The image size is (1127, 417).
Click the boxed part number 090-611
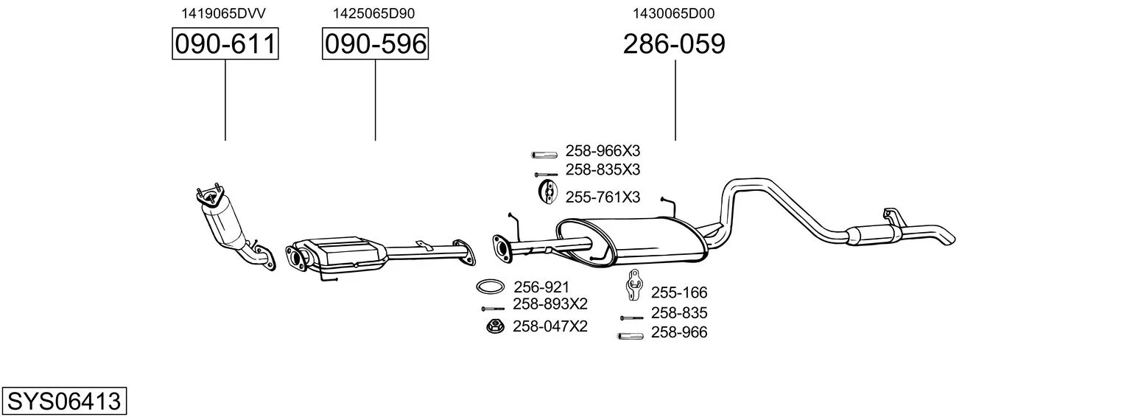coord(225,43)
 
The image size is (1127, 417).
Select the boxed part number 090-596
coord(376,43)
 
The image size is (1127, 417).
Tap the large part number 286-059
coord(674,43)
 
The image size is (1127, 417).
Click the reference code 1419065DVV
coord(223,13)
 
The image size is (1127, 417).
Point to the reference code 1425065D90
coord(373,13)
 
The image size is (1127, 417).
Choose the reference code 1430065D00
coord(673,13)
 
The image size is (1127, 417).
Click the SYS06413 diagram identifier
coord(64,402)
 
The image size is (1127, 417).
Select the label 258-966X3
coord(603,151)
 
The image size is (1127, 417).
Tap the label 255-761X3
coord(603,197)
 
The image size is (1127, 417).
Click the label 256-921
coord(541,287)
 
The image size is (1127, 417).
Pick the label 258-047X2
coord(550,326)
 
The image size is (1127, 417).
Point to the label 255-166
coord(679,292)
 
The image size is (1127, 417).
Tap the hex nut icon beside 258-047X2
coord(495,326)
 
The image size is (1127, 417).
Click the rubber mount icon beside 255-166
coord(633,284)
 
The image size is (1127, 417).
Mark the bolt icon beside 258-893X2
coord(493,309)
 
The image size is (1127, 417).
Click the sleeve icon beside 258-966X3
coord(544,155)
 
